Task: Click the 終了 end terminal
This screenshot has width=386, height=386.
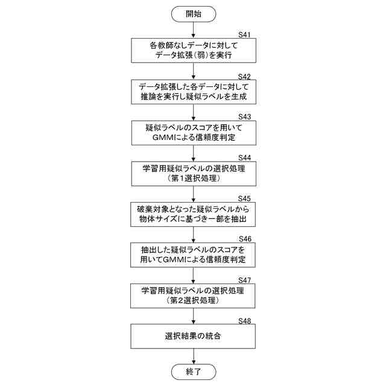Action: pos(193,371)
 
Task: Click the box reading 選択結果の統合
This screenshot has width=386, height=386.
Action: pos(193,335)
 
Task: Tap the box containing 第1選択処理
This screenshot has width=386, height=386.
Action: pos(193,173)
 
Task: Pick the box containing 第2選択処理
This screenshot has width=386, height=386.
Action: pos(193,295)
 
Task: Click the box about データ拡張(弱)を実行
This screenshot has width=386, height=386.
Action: pos(193,51)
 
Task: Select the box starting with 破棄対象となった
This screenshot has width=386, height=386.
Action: pos(193,214)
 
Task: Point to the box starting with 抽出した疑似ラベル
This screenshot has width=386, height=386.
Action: pos(193,255)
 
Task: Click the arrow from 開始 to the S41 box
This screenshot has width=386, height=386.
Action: pos(193,30)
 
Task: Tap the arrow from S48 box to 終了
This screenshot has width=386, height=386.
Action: pos(193,356)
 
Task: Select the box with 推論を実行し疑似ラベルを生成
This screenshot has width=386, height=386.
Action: pos(193,92)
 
